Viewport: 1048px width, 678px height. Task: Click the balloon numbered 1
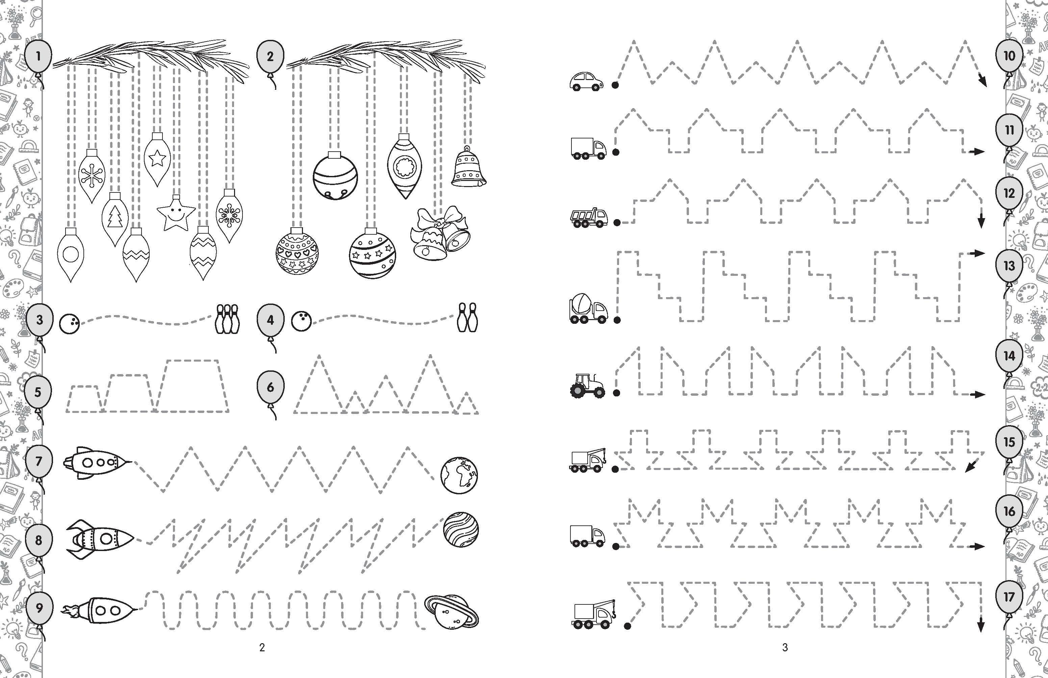pyautogui.click(x=38, y=56)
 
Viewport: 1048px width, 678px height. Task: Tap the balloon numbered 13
pyautogui.click(x=1009, y=266)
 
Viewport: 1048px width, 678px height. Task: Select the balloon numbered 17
pyautogui.click(x=1009, y=597)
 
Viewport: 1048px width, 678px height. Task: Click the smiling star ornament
pyautogui.click(x=176, y=213)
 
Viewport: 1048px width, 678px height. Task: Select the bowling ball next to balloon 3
pyautogui.click(x=70, y=323)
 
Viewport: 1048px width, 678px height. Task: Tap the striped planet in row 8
pyautogui.click(x=461, y=530)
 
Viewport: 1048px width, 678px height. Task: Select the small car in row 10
pyautogui.click(x=587, y=81)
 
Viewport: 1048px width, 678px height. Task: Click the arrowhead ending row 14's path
pyautogui.click(x=979, y=394)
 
